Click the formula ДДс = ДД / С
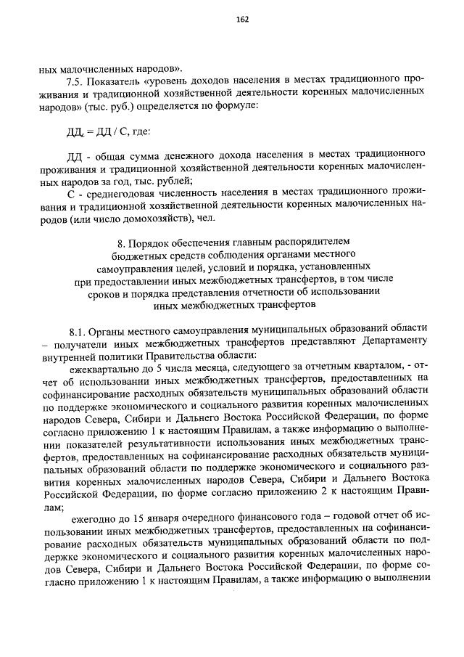pos(96,132)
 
